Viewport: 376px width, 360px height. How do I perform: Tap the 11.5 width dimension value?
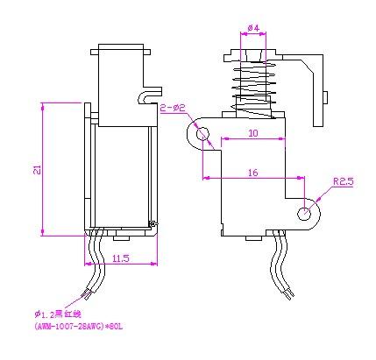tap(122, 258)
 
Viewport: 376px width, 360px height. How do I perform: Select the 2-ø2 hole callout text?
tap(174, 108)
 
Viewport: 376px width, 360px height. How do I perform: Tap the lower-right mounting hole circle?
tap(304, 212)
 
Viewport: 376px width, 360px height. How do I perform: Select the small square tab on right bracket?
tap(327, 95)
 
